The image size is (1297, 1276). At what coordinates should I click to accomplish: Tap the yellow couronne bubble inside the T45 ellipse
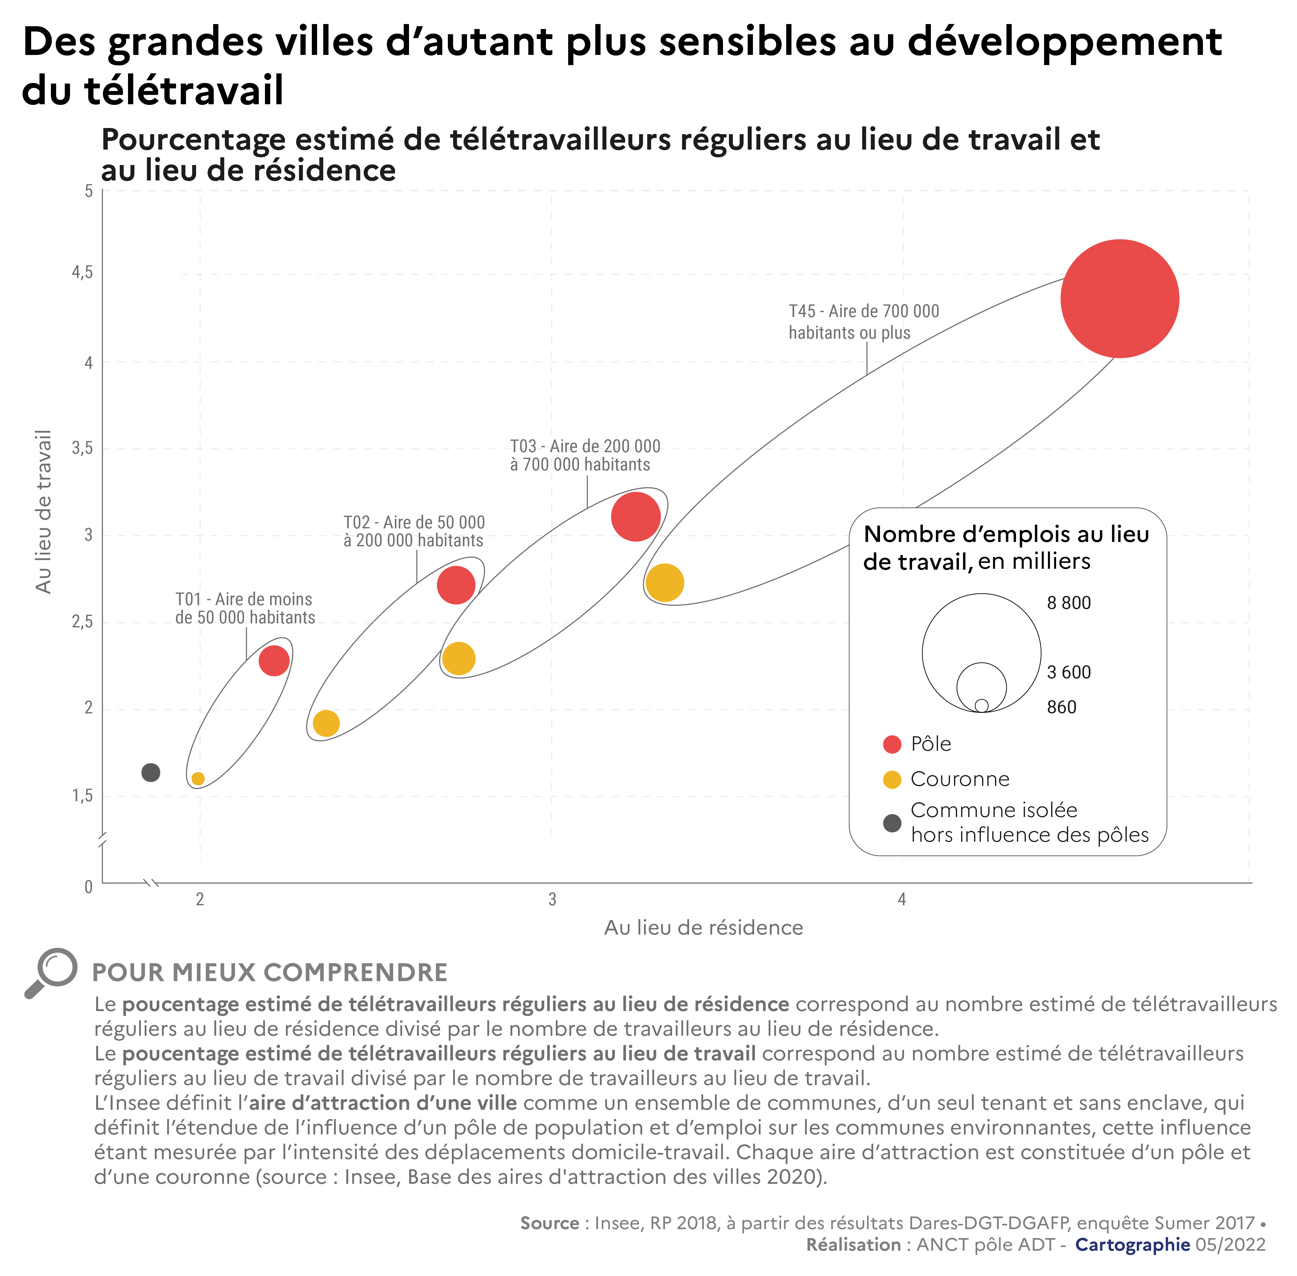[664, 582]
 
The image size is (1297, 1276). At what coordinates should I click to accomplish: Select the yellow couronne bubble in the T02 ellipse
[326, 723]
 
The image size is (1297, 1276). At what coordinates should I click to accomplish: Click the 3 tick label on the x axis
[551, 899]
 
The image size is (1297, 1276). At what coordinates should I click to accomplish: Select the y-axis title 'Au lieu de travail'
[43, 511]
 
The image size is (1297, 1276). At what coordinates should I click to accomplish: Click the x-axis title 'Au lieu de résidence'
[703, 927]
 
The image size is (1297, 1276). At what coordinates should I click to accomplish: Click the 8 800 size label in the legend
[1068, 603]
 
